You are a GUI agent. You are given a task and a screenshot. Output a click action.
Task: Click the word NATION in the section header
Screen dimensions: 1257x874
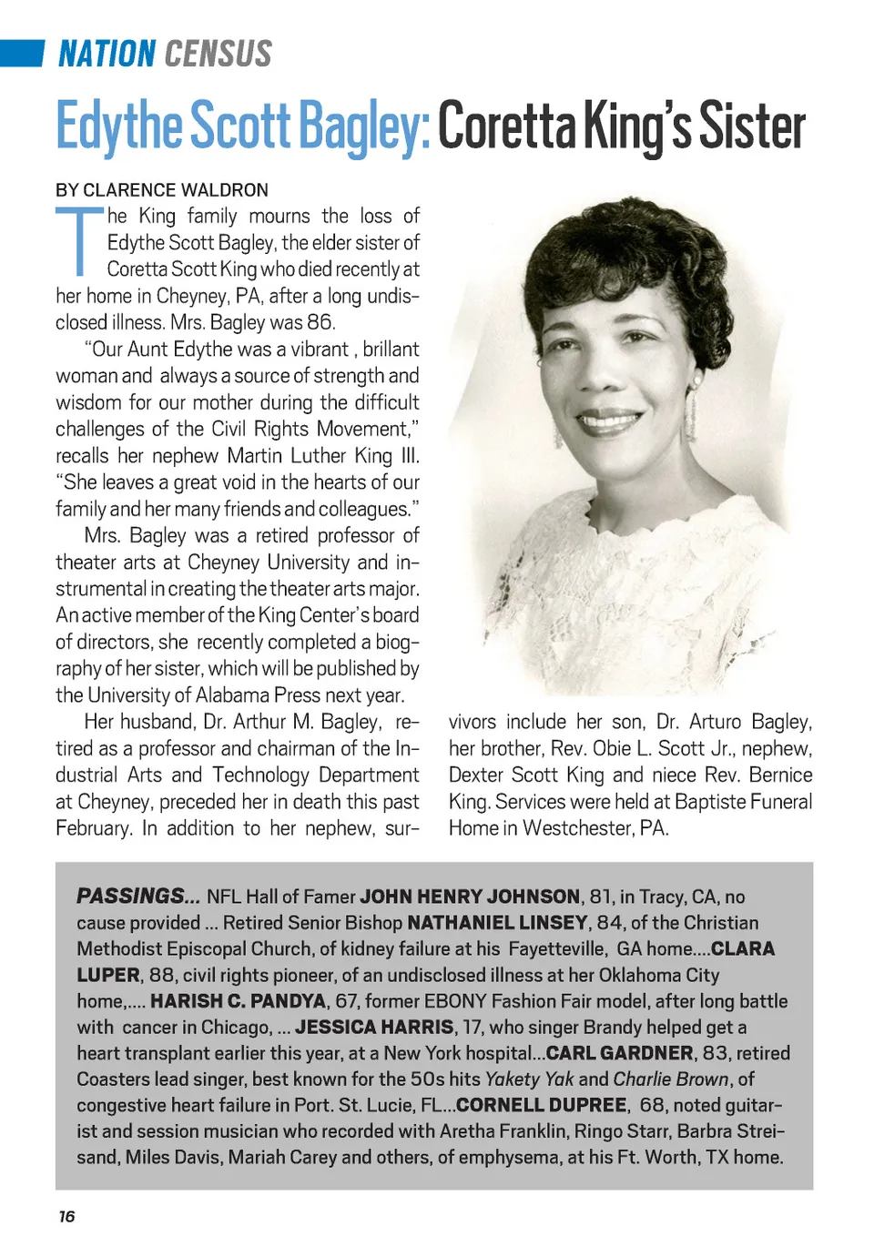[107, 55]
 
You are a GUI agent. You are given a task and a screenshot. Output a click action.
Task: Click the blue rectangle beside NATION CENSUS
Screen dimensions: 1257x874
[22, 54]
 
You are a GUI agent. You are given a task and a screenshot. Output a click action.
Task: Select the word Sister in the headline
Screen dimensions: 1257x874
[752, 127]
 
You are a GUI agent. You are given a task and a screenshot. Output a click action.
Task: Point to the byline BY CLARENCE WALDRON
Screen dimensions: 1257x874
[162, 190]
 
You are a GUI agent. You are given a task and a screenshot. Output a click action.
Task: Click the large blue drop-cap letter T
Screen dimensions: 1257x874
[80, 241]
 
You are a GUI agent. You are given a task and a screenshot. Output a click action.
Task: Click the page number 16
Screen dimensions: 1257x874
[66, 1216]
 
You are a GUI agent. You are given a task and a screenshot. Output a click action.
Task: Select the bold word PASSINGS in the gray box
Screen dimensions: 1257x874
[131, 896]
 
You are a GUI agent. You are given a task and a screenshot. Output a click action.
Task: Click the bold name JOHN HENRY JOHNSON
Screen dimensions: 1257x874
[470, 897]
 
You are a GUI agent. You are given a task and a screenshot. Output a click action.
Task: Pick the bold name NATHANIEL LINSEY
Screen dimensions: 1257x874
[497, 922]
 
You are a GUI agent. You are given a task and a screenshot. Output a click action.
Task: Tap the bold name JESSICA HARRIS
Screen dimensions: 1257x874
[374, 1027]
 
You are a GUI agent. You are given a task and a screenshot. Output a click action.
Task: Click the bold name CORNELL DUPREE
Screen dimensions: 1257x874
[541, 1105]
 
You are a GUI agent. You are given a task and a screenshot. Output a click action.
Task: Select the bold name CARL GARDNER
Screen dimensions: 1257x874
[619, 1053]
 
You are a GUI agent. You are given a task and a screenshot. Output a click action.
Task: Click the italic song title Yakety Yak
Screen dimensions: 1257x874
[529, 1080]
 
